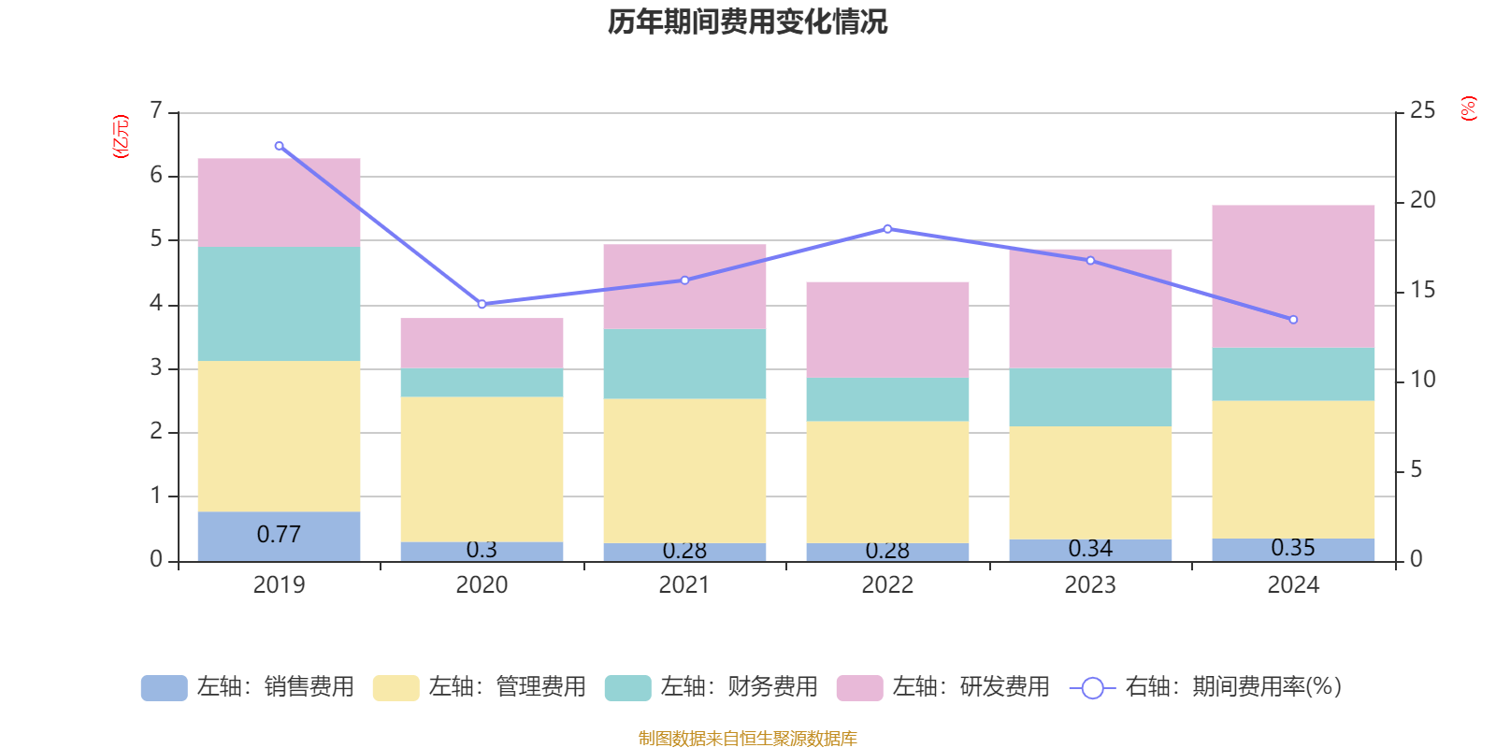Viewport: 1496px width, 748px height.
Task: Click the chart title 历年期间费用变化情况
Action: coord(747,22)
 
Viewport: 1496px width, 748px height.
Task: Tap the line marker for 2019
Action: coord(279,146)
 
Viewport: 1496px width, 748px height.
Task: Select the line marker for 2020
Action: coord(482,304)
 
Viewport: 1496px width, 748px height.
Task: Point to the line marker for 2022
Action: coord(887,228)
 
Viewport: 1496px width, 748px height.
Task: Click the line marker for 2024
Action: coord(1293,320)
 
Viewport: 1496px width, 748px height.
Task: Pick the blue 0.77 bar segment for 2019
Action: coord(279,536)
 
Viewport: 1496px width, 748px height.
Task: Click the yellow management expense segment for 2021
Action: coord(684,470)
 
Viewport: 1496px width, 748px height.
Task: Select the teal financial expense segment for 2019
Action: coord(279,303)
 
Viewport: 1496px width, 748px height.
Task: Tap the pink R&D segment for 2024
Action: coord(1293,276)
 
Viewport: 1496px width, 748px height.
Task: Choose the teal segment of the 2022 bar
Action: coord(887,399)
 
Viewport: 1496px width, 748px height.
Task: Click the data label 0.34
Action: coord(1090,549)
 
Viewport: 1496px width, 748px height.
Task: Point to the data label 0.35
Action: coord(1293,548)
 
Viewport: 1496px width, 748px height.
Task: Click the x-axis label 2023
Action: coord(1090,585)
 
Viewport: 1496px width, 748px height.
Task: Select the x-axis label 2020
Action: coord(482,585)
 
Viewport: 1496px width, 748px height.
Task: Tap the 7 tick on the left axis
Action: coord(156,111)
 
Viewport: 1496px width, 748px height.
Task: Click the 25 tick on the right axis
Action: coord(1422,111)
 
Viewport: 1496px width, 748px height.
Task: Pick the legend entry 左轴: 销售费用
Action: coord(248,687)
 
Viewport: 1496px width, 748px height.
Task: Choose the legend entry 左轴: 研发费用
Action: coord(943,687)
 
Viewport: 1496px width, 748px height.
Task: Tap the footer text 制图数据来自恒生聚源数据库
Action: coord(747,739)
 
